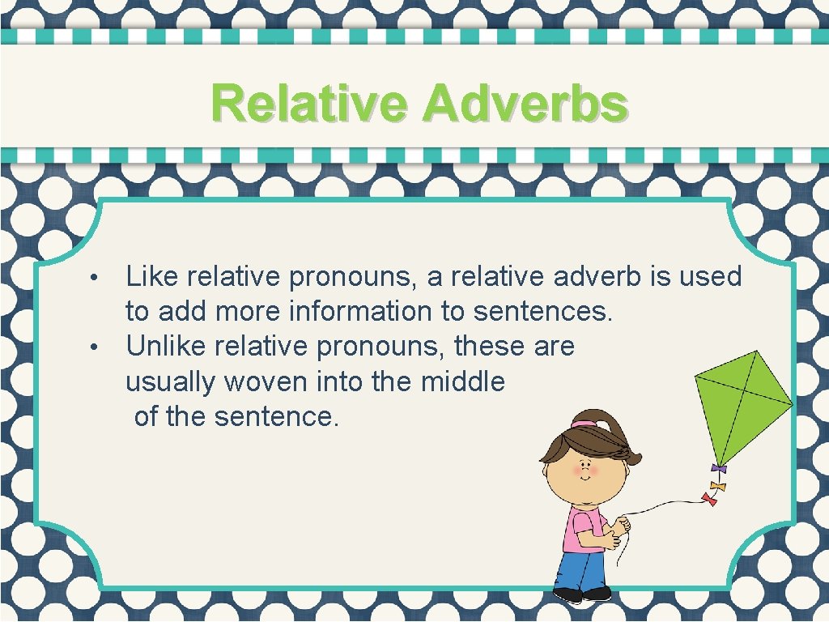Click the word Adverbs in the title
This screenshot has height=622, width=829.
pyautogui.click(x=525, y=104)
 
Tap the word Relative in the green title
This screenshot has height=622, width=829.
pyautogui.click(x=311, y=104)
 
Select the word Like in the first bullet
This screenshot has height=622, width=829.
pyautogui.click(x=151, y=277)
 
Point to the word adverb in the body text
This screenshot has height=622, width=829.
pyautogui.click(x=598, y=277)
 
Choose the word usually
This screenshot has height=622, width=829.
pyautogui.click(x=171, y=381)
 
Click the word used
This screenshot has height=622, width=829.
pyautogui.click(x=710, y=277)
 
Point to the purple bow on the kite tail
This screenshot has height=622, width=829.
pyautogui.click(x=717, y=468)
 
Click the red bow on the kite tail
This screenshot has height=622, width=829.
pyautogui.click(x=710, y=498)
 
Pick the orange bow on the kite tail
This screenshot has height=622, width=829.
pyautogui.click(x=716, y=485)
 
